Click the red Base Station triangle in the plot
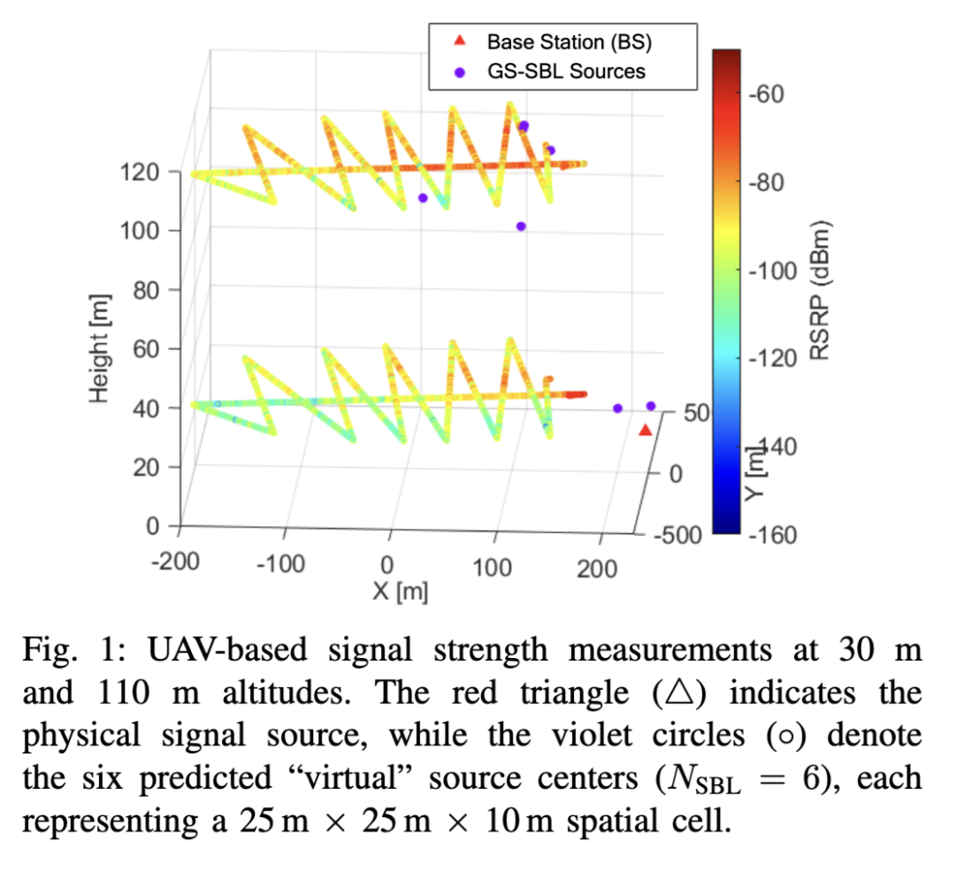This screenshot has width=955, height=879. (x=646, y=430)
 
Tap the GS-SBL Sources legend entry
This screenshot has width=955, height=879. (x=565, y=71)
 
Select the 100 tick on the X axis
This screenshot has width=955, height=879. (x=493, y=566)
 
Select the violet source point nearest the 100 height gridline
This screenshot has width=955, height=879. (x=521, y=226)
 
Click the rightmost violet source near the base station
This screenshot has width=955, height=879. (x=651, y=406)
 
